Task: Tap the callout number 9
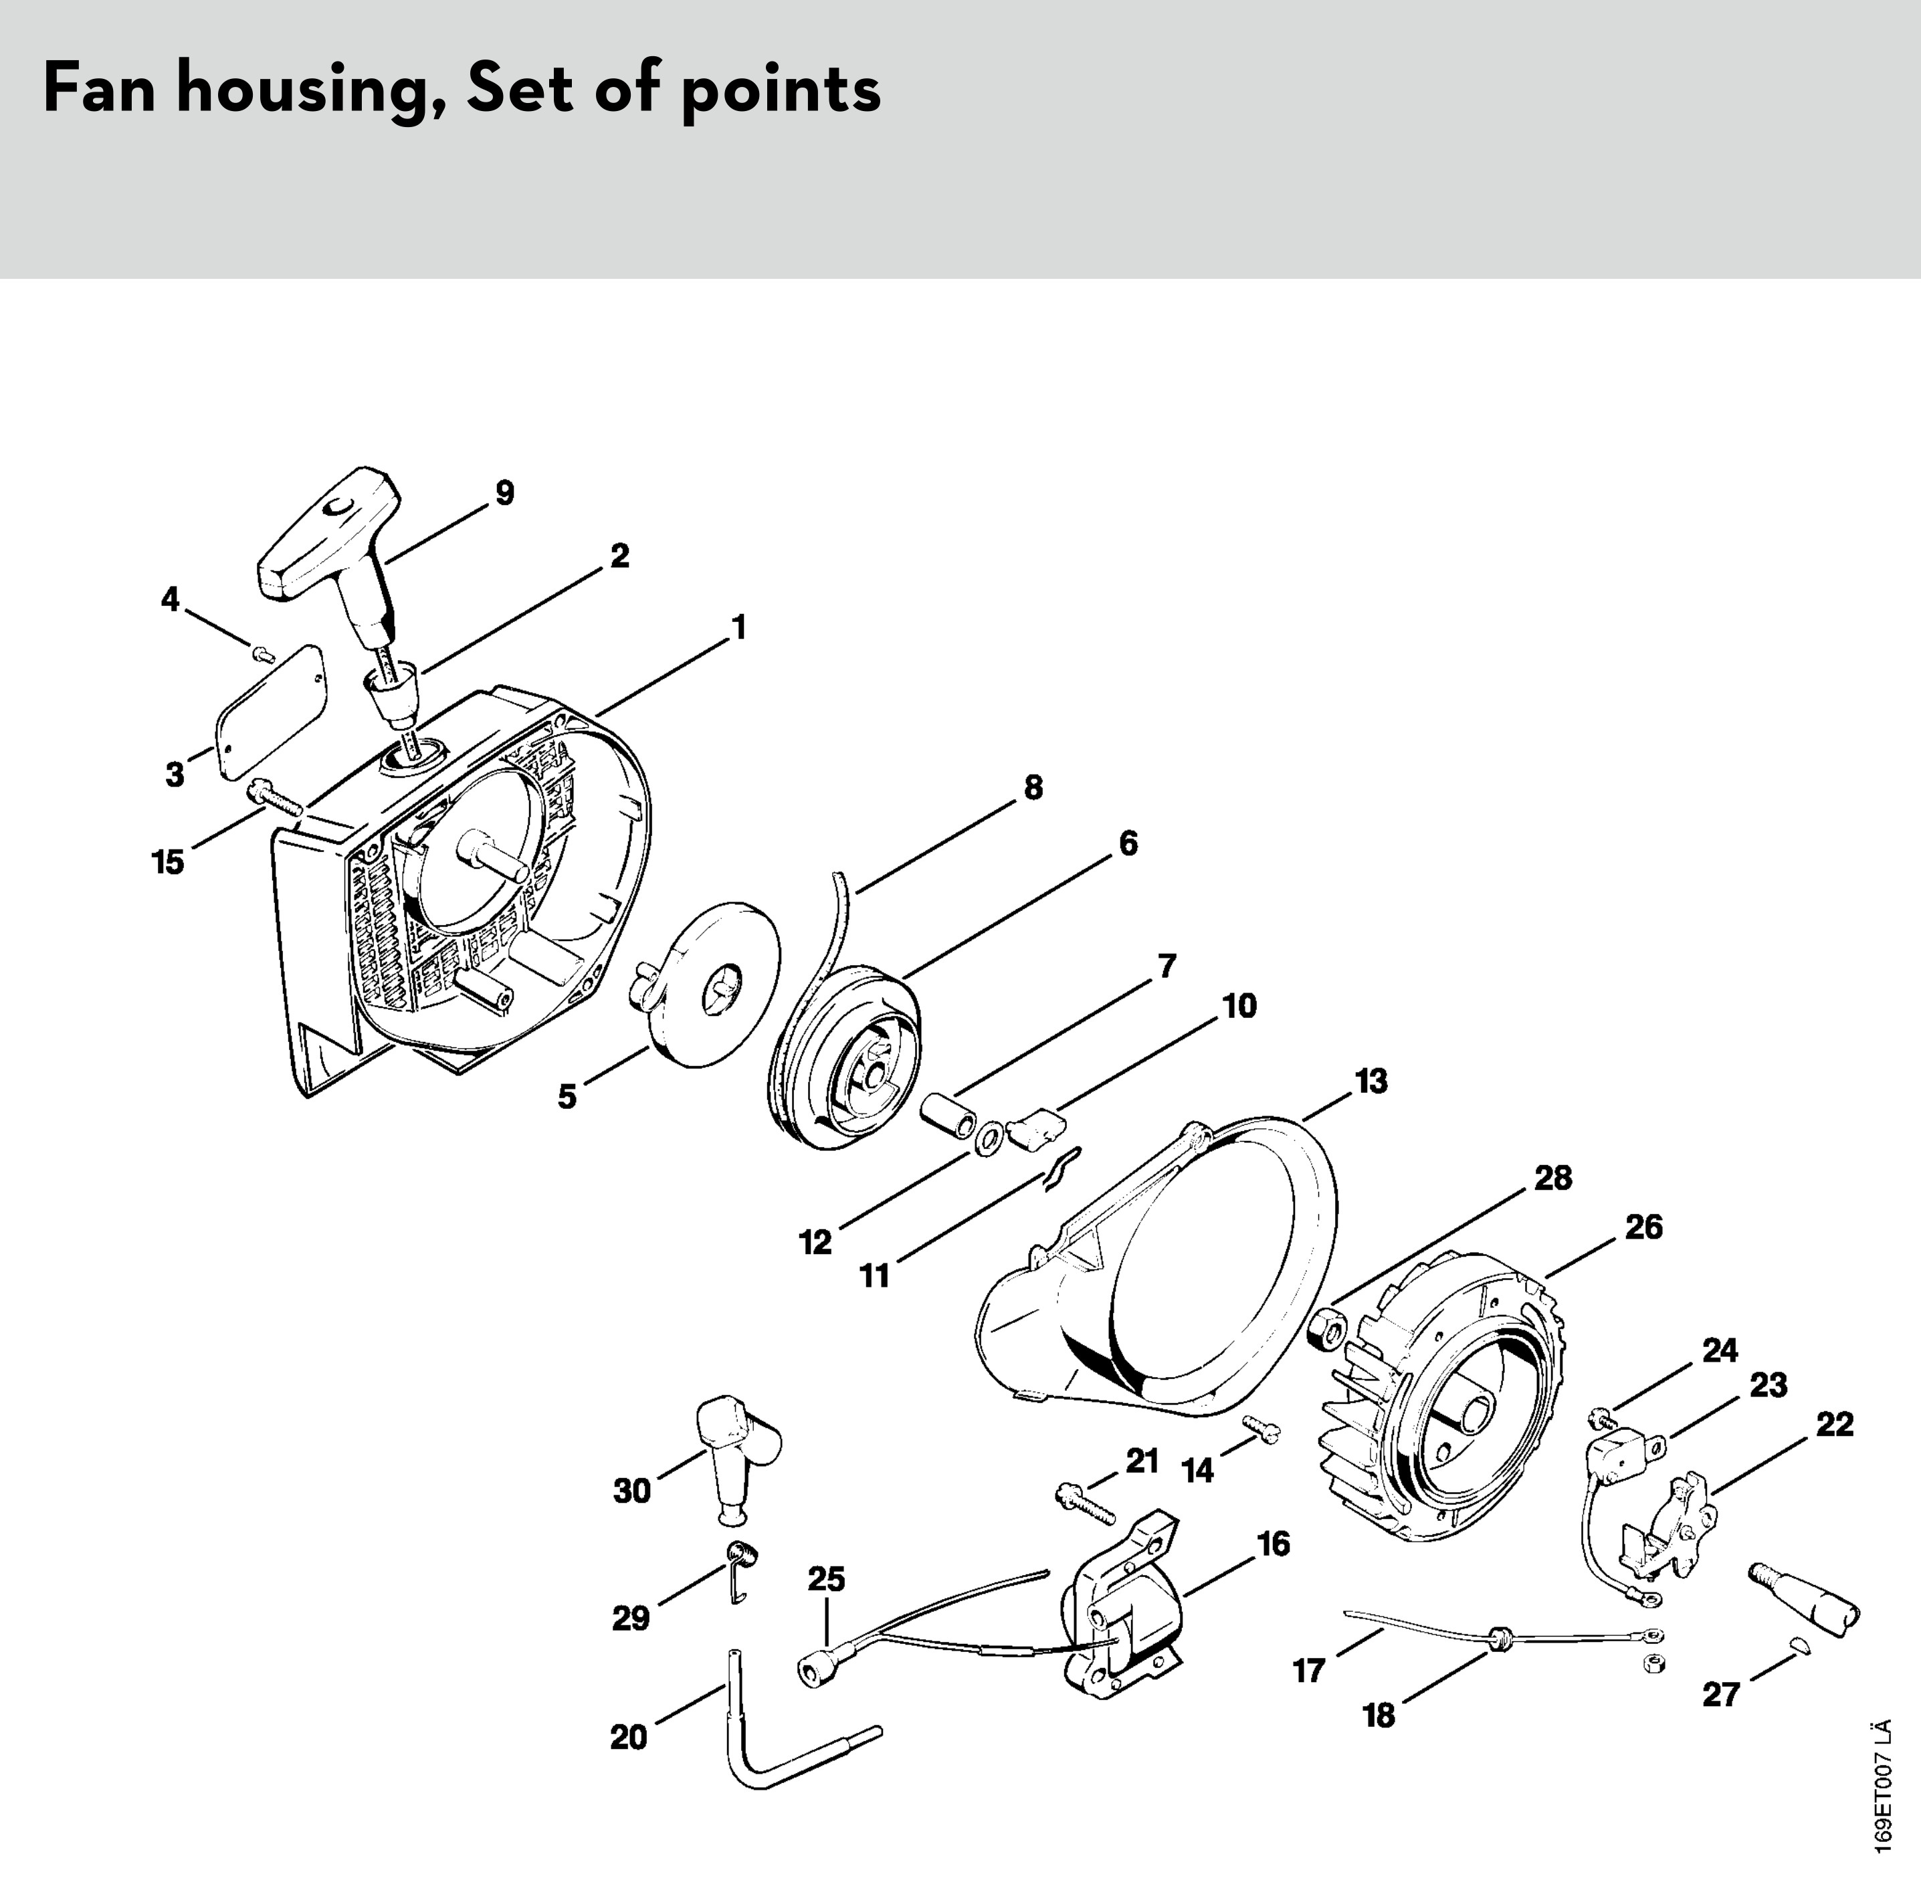pyautogui.click(x=504, y=493)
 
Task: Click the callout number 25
pyautogui.click(x=827, y=1579)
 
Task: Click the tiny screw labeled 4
pyautogui.click(x=262, y=652)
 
